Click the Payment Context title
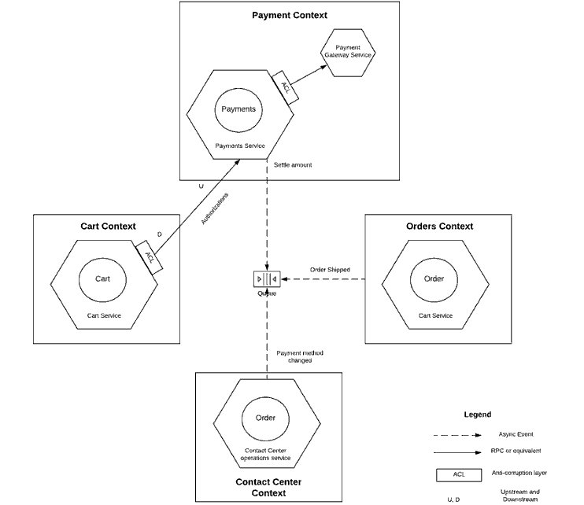[289, 16]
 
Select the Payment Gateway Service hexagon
[348, 51]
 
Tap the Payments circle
[238, 109]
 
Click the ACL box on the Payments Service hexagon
[285, 86]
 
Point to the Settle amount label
[293, 165]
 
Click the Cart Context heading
[108, 227]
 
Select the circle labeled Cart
[102, 279]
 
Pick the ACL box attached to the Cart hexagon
[149, 257]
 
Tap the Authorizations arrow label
[215, 208]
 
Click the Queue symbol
[267, 279]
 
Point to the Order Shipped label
[330, 270]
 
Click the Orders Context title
[439, 227]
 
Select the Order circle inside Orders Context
[434, 279]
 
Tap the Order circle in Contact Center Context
[265, 418]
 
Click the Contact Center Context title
[268, 487]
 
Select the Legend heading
[477, 415]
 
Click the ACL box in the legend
[458, 474]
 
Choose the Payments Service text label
[240, 146]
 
